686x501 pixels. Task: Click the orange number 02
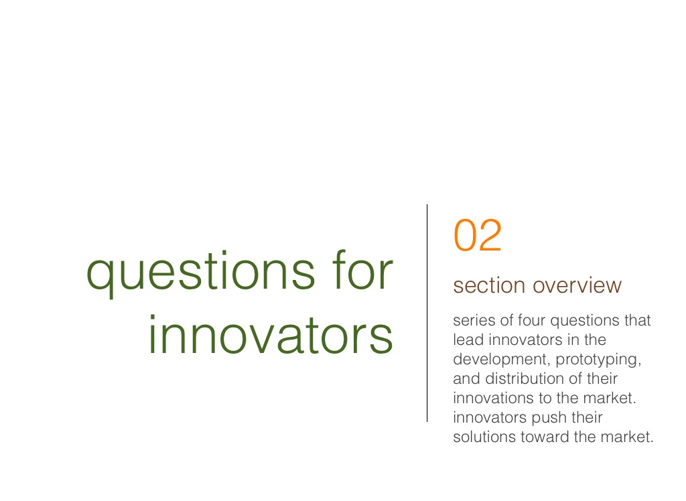point(477,235)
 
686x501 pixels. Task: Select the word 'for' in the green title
point(362,269)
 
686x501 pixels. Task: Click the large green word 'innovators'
point(271,334)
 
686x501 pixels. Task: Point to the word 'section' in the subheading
point(489,286)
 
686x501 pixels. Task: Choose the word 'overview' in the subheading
point(577,286)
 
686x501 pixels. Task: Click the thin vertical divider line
point(427,313)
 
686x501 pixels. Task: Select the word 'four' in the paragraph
point(532,320)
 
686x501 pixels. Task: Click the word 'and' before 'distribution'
point(467,378)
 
